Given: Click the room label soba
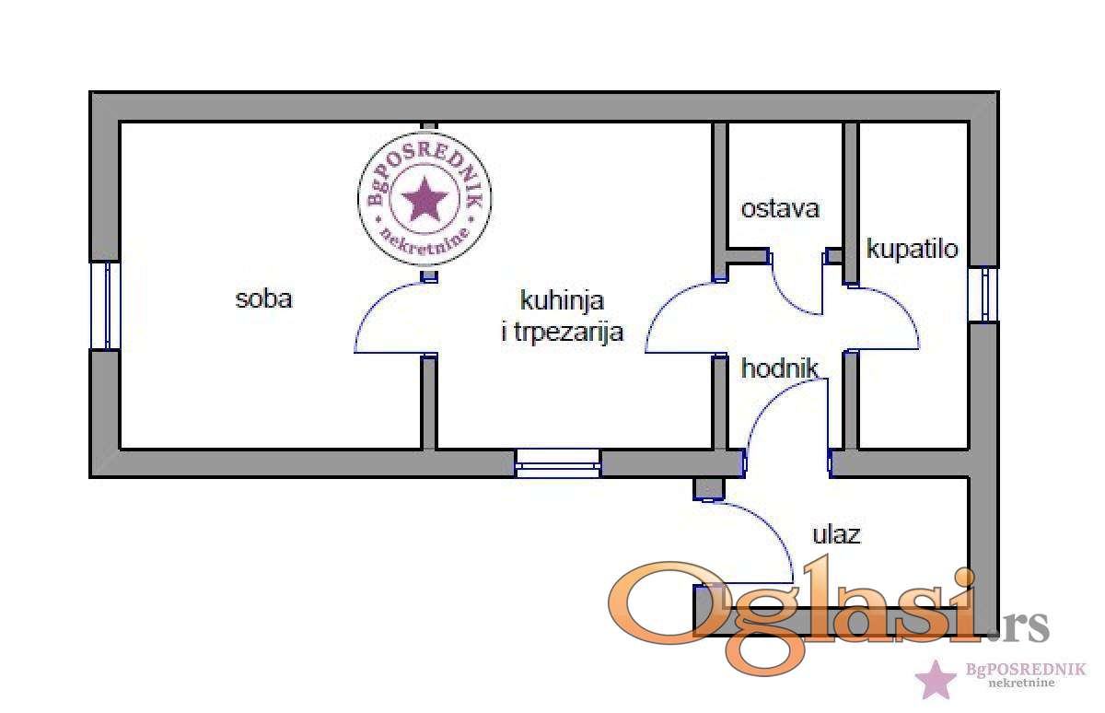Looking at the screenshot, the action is coord(264,299).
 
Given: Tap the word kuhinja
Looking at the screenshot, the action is coord(563,300).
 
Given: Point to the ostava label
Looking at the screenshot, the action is coord(780,209).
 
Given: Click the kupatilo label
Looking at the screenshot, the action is coord(913,249).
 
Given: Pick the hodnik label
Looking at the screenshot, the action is coord(780,368).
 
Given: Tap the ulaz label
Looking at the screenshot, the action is coord(837,534).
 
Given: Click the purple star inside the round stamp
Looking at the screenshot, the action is coord(425,199).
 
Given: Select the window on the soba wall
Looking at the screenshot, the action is coord(106,306).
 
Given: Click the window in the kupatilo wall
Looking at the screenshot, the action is coord(983,295).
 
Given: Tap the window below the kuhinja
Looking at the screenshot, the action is coord(558,463).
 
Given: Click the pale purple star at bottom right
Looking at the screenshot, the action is coord(936,679).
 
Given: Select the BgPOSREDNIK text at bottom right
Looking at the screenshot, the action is coord(1025,670).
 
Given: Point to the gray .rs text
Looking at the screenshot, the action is coord(1019,626).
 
